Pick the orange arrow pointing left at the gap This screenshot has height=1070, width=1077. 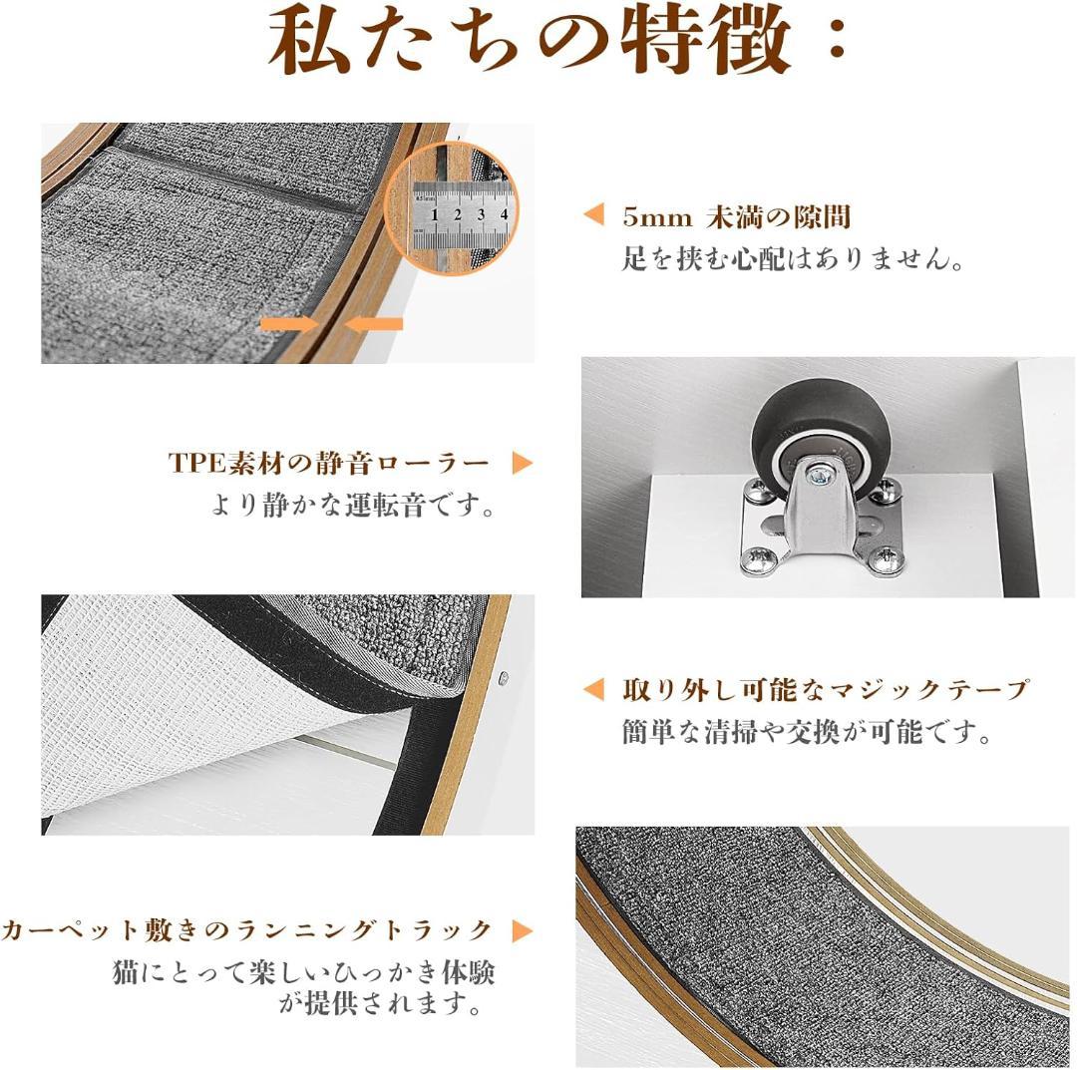pyautogui.click(x=375, y=323)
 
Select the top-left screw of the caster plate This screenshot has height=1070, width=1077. pyautogui.click(x=756, y=490)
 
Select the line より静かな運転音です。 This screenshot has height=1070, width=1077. pyautogui.click(x=353, y=505)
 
